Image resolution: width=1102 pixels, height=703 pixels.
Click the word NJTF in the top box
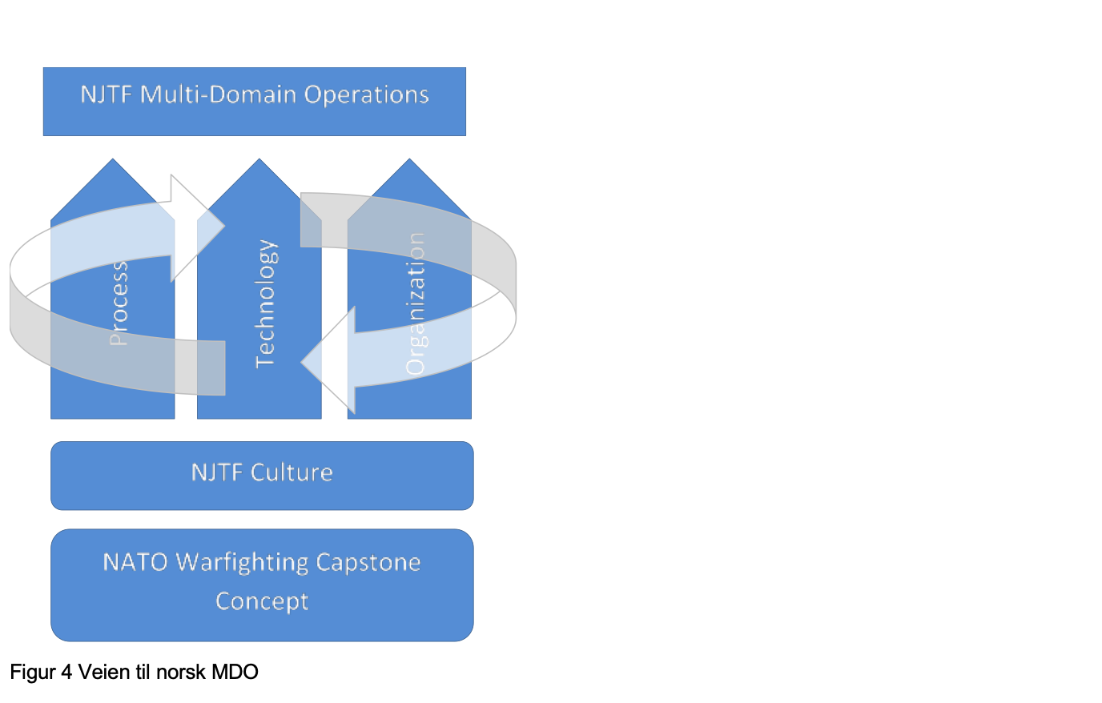tap(107, 94)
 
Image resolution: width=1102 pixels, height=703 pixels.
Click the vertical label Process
tap(119, 303)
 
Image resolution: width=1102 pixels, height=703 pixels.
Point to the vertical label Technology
tap(265, 303)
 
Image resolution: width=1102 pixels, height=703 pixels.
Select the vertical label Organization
tap(415, 303)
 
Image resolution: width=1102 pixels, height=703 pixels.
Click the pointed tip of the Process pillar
tap(113, 161)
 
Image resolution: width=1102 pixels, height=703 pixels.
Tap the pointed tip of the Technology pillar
tap(259, 161)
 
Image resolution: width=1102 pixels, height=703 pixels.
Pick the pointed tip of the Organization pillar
tap(409, 161)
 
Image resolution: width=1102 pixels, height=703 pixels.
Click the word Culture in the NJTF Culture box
tap(292, 472)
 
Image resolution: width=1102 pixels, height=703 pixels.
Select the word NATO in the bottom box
tap(135, 562)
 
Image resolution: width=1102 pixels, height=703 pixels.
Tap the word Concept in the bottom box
tap(262, 601)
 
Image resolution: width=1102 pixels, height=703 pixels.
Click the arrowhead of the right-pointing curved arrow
tap(200, 227)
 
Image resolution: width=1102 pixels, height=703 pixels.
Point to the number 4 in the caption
tap(66, 672)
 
